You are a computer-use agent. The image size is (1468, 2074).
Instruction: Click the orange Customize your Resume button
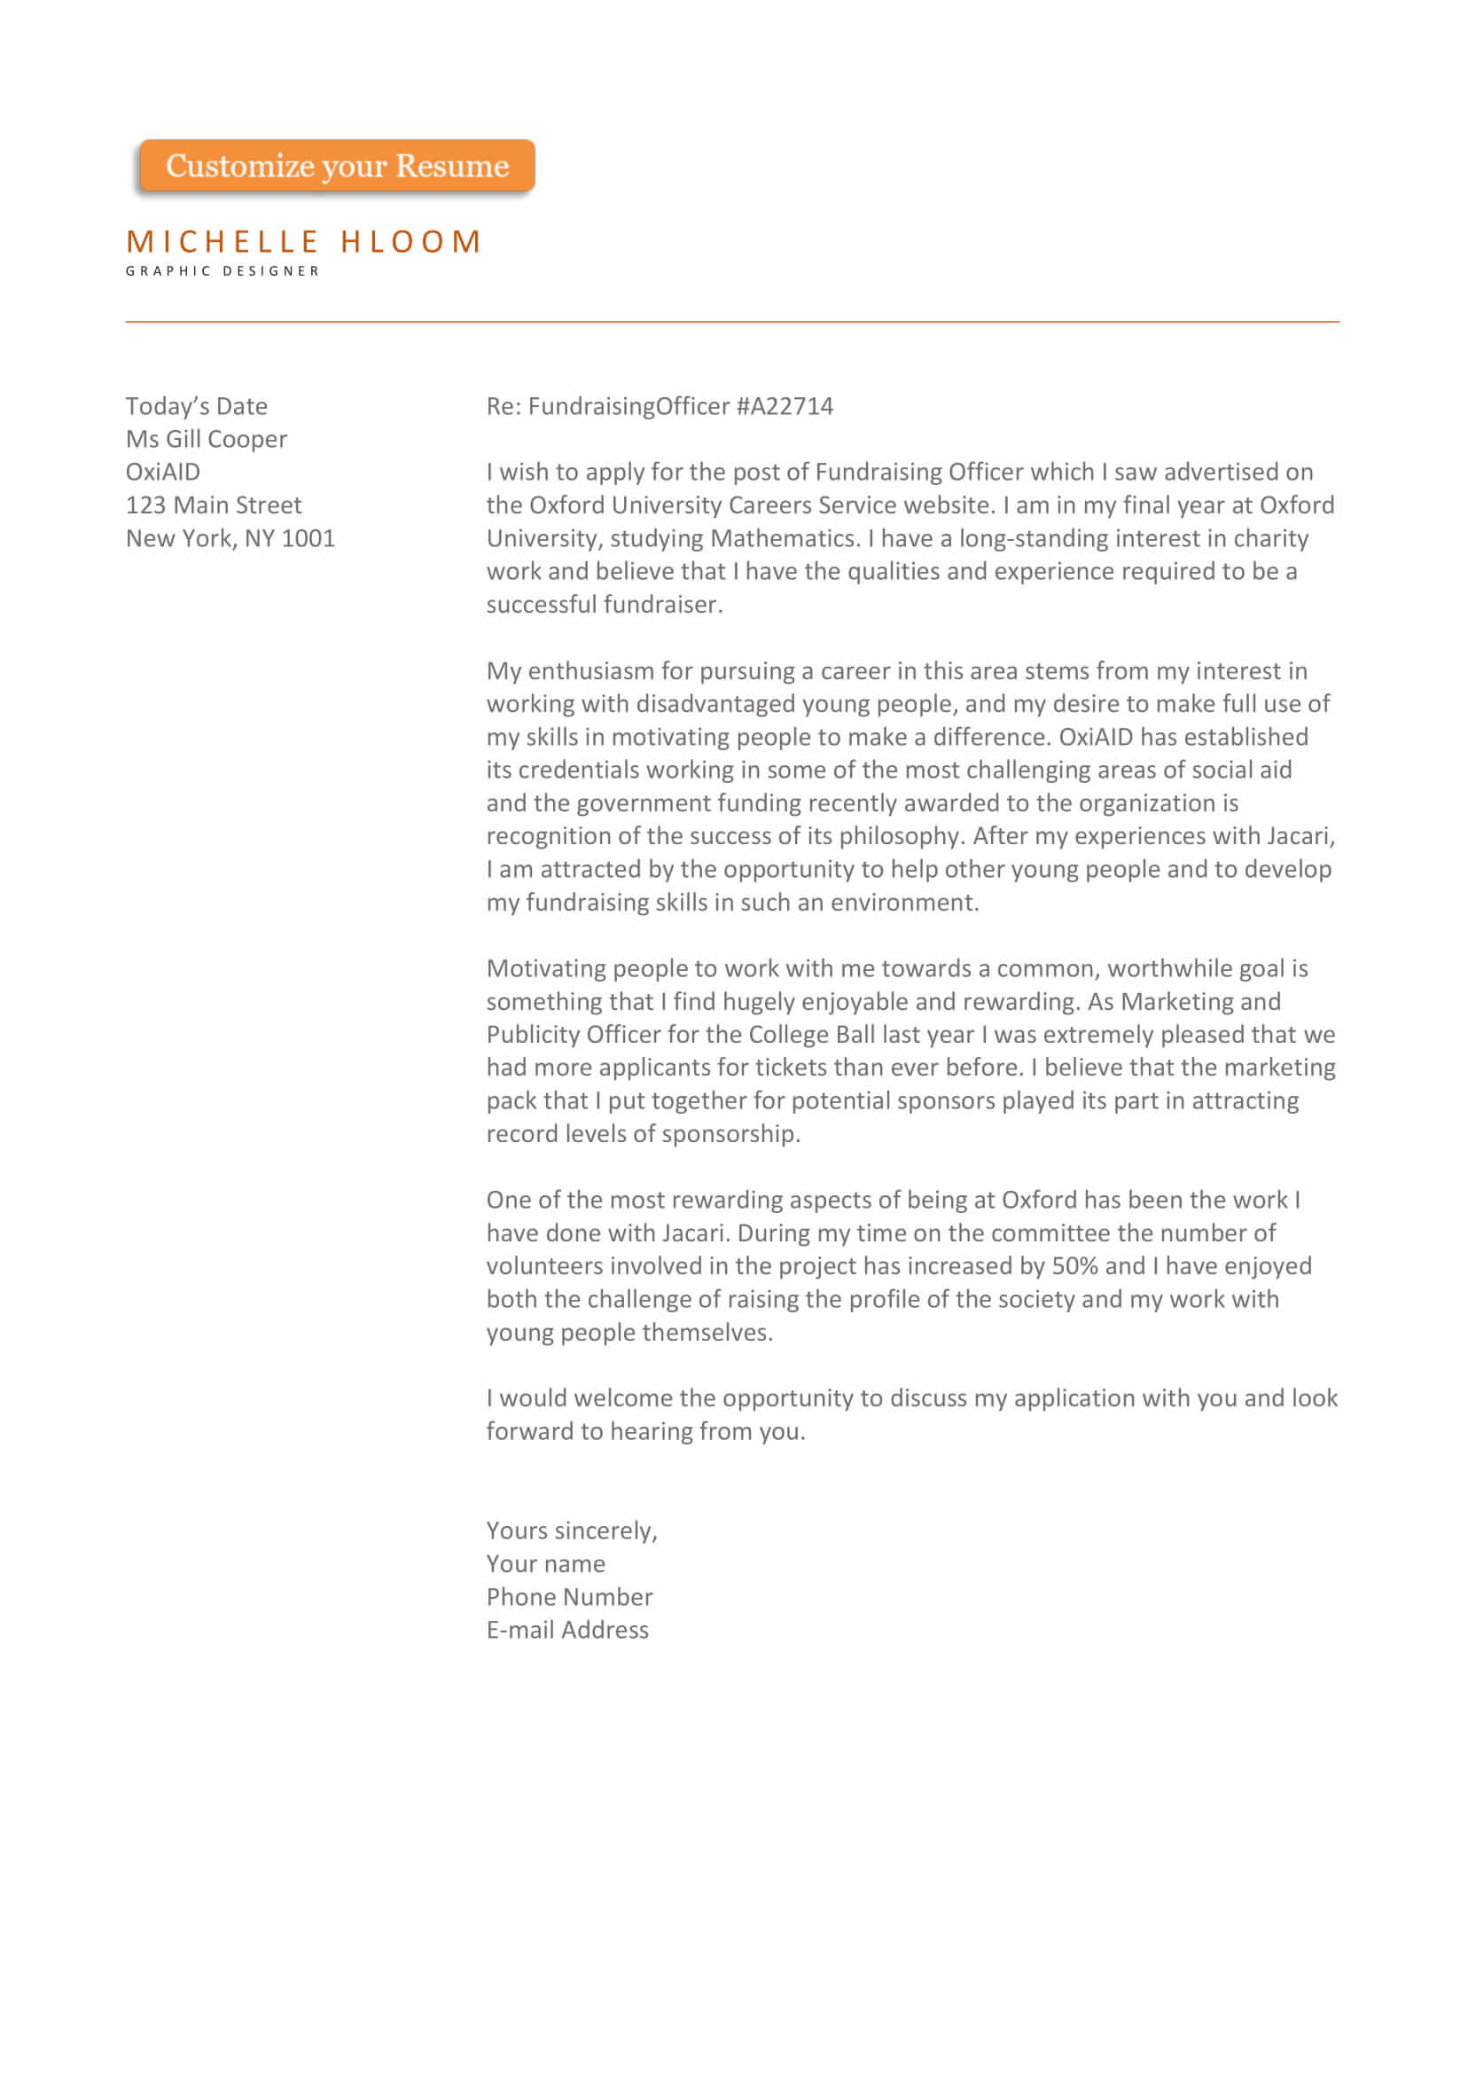[336, 167]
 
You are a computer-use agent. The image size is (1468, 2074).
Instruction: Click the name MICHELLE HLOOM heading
[304, 242]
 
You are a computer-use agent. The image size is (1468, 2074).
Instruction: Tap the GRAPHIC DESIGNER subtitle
[223, 271]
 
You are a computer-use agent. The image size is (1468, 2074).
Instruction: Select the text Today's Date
[196, 407]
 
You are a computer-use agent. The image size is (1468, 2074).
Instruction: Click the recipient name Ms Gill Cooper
[206, 440]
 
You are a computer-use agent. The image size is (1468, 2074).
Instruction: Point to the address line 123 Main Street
[214, 505]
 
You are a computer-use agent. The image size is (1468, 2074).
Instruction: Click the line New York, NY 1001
[230, 539]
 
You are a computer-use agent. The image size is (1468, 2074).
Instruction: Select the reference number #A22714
[785, 407]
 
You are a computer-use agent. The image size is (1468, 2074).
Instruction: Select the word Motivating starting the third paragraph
[546, 969]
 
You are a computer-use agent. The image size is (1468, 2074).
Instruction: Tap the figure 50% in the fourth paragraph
[1074, 1266]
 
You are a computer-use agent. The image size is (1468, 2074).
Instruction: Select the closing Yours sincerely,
[571, 1530]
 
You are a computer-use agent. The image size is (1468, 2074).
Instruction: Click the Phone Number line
[568, 1597]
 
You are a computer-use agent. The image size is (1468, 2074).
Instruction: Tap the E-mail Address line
[566, 1630]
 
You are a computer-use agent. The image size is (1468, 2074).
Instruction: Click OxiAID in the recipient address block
[163, 473]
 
